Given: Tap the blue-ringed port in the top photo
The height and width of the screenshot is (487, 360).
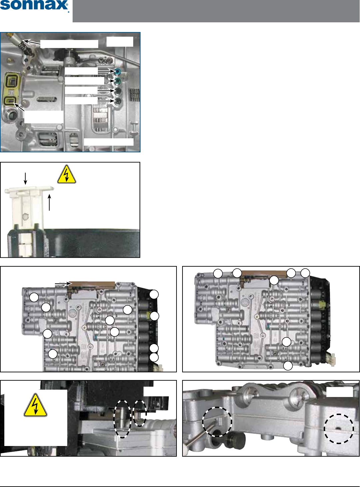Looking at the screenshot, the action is coord(117,71).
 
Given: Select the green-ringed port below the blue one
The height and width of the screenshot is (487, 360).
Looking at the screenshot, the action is coord(117,81).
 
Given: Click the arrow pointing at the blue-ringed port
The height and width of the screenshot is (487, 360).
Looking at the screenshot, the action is coord(106,71).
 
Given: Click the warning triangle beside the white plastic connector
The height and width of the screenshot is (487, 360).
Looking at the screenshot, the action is coord(67,175).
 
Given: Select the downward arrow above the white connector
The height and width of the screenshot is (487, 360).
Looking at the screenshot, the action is coord(25,178).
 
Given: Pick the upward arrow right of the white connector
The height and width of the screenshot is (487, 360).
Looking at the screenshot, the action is coord(49,202).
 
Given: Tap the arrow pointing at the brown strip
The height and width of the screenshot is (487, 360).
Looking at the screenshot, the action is coord(63,284).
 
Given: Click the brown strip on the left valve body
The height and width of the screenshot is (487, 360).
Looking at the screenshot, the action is coord(92,285).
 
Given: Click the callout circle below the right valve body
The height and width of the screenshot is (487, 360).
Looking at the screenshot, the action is coord(288,366).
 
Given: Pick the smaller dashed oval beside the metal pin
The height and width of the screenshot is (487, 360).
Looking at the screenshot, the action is coord(140,413).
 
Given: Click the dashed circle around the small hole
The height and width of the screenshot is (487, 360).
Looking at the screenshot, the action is coord(339,429).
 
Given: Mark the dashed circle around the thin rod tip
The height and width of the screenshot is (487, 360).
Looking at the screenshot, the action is coord(217,422).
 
